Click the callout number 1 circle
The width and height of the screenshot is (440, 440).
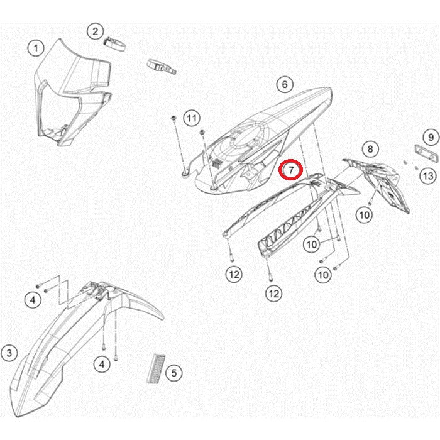[x=36, y=48]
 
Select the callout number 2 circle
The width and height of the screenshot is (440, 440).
[x=95, y=31]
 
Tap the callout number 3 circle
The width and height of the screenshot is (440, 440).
[x=9, y=353]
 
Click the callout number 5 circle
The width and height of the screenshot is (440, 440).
[x=174, y=373]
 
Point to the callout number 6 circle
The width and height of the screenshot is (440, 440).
[x=285, y=84]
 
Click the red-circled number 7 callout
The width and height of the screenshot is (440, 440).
[x=290, y=170]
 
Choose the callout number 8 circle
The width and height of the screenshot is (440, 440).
[x=370, y=149]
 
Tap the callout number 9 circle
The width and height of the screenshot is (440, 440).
[x=431, y=137]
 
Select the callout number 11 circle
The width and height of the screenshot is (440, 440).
[x=192, y=118]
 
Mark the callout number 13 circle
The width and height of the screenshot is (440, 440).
[x=428, y=176]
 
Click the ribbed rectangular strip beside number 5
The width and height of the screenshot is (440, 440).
[x=157, y=368]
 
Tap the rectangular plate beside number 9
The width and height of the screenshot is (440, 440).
[x=426, y=153]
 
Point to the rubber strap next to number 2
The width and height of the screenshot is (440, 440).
[x=115, y=45]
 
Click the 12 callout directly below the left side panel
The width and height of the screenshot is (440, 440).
[x=234, y=274]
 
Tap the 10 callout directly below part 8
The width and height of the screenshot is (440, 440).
[x=364, y=215]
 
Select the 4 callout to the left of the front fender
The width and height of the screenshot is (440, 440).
[x=33, y=300]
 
